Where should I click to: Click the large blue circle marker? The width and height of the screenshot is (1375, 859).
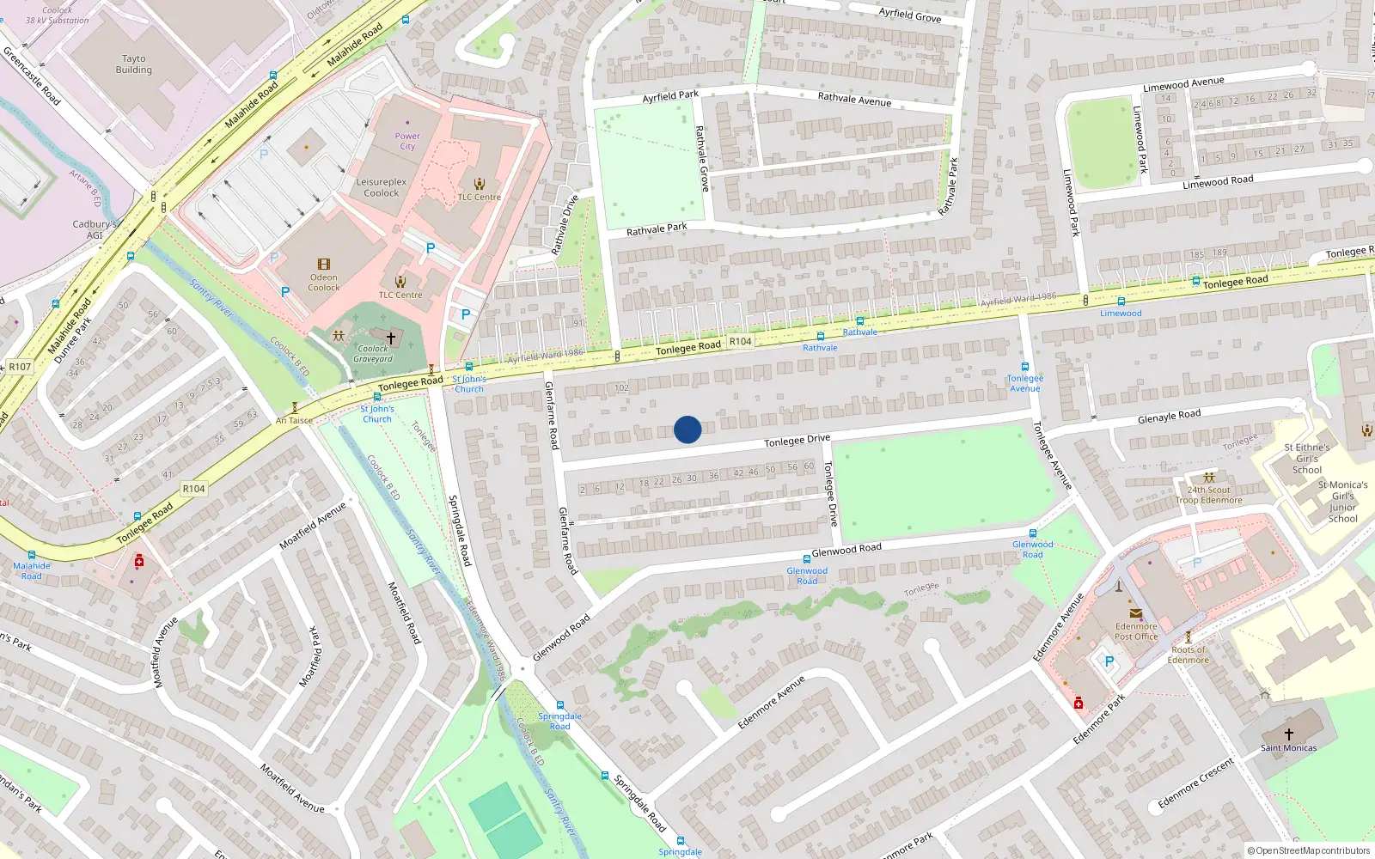pos(687,429)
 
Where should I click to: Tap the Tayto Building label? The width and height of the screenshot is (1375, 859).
pos(134,64)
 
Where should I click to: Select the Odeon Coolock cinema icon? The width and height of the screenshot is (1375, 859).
pos(324,265)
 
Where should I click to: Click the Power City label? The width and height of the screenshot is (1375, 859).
pos(407,141)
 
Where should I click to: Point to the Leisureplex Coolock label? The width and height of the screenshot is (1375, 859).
pos(382,187)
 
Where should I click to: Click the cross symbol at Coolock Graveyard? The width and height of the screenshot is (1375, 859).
pos(391,338)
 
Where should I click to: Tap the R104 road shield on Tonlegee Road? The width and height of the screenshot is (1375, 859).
pos(740,341)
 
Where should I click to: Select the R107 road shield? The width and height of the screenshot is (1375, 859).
pos(20,367)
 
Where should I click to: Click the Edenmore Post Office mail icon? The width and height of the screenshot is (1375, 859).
pos(1136,613)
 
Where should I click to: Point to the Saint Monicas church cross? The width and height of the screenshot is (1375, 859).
pos(1288,734)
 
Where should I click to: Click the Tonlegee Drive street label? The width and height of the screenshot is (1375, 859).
pos(797,441)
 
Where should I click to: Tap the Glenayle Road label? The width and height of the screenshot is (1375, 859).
pos(1169,417)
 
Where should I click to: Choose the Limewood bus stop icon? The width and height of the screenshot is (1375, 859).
pos(1121,302)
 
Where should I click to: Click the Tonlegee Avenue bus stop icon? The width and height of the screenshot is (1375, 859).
pos(1024,367)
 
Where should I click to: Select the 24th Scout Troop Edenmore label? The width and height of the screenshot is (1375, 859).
pos(1209,495)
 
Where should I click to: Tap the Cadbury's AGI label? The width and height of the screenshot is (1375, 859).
pos(95,229)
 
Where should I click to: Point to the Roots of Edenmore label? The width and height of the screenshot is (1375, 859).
pos(1189,655)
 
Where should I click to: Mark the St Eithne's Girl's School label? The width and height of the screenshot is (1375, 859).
pos(1307,459)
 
